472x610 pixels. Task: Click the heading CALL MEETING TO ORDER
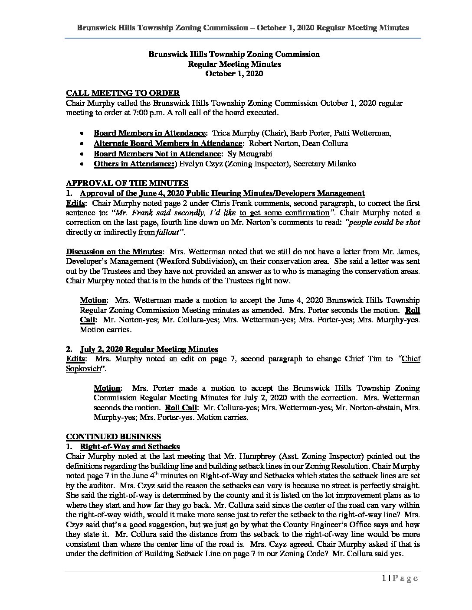[x=123, y=93]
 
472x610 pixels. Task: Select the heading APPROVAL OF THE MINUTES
[x=127, y=183]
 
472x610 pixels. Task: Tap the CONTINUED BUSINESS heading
[x=113, y=437]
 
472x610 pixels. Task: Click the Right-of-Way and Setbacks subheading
[x=130, y=447]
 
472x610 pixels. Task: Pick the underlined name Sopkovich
[x=82, y=368]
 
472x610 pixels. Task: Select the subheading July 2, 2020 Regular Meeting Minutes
[x=149, y=349]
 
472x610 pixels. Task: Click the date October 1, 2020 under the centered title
[x=234, y=74]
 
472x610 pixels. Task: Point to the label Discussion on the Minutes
[x=115, y=252]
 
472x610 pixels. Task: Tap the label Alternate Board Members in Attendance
[x=167, y=143]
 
